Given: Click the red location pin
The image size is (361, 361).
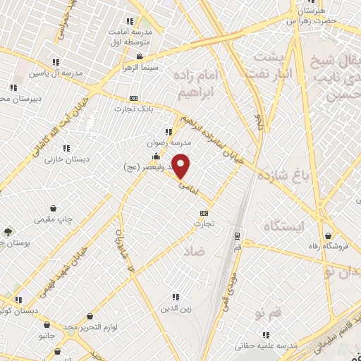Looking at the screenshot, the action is click(x=182, y=166).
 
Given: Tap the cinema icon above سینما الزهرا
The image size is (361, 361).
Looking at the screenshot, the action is click(x=140, y=56).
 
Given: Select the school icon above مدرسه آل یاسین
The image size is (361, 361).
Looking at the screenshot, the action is click(x=56, y=62).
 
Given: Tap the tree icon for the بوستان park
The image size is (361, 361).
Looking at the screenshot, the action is click(x=8, y=232).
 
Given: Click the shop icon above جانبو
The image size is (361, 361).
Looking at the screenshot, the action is click(x=47, y=325).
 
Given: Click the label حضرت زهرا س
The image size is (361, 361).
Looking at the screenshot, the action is click(x=312, y=21).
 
